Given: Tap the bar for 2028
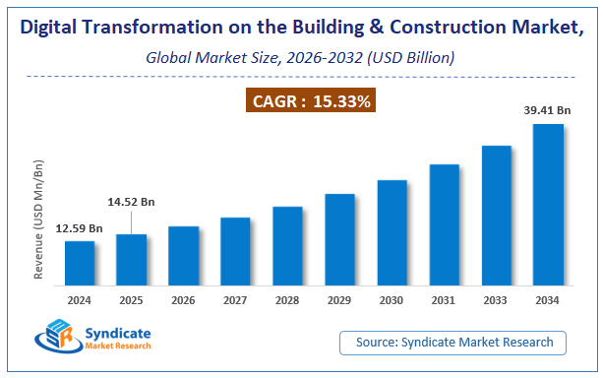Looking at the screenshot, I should (x=287, y=245).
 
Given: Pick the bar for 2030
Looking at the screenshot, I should (x=392, y=232).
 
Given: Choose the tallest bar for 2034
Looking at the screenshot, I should (x=548, y=204).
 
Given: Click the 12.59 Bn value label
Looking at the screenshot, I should (x=80, y=228).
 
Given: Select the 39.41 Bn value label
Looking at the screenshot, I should (x=548, y=111).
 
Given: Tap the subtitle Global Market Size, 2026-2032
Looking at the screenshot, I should (x=301, y=58).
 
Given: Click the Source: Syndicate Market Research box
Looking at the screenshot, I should (x=453, y=343).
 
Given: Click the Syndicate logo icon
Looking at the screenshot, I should (x=56, y=337).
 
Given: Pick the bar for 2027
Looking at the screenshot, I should (x=235, y=251).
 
